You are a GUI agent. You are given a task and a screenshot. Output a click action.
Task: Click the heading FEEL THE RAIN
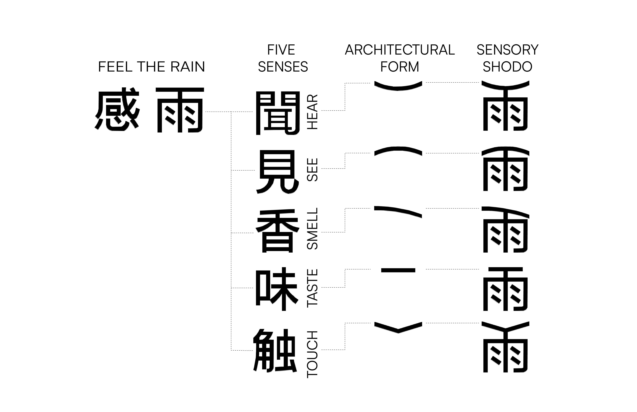click(152, 67)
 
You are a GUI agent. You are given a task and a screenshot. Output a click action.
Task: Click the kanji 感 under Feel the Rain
click(117, 110)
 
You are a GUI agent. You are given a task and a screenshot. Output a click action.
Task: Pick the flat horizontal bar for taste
click(398, 270)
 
